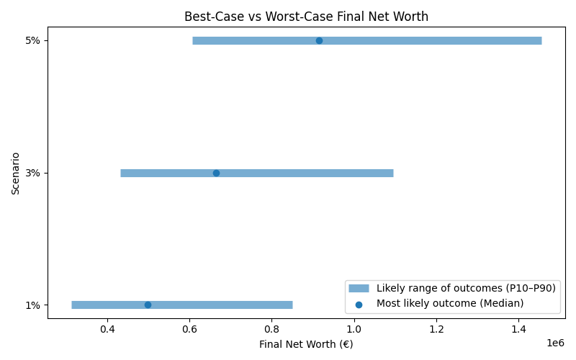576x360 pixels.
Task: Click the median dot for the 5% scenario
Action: (319, 40)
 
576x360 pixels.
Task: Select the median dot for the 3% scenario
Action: (216, 173)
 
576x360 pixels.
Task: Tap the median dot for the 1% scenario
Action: (148, 305)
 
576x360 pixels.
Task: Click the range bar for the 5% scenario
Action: (432, 40)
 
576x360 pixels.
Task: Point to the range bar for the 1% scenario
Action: (216, 305)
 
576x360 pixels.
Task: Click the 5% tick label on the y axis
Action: (32, 40)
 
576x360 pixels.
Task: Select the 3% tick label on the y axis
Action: (32, 173)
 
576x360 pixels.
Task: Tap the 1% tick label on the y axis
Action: (32, 305)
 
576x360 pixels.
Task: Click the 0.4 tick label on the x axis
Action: (107, 329)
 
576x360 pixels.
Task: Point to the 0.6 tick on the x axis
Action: (189, 329)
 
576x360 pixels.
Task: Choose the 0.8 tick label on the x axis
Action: (271, 329)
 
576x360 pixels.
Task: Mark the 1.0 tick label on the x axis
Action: (354, 329)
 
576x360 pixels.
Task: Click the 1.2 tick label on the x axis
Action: (436, 329)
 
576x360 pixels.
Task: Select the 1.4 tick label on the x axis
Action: (518, 329)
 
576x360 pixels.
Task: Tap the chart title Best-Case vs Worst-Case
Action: (306, 16)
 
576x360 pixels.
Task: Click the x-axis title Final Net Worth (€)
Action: (306, 344)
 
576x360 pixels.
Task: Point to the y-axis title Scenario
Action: (15, 173)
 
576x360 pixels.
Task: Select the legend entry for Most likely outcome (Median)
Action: (449, 303)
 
